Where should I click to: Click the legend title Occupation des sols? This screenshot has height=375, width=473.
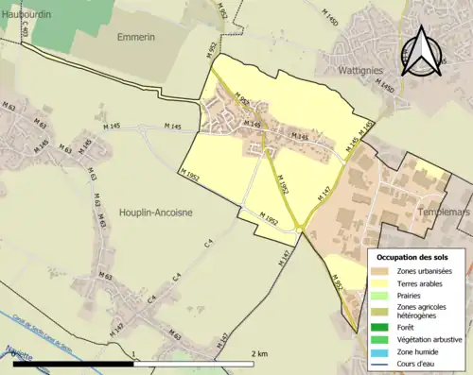pyautogui.click(x=412, y=257)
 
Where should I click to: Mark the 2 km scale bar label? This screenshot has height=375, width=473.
pyautogui.click(x=258, y=354)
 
